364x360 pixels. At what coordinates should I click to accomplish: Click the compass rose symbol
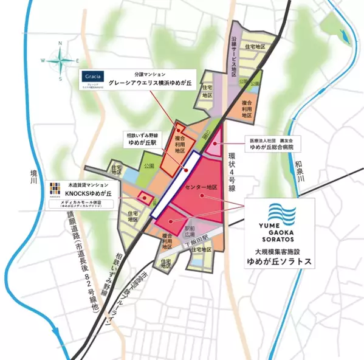coord(60,61)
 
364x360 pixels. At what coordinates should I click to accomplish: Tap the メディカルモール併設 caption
coord(88,203)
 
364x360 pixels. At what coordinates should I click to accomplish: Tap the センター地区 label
coord(202,187)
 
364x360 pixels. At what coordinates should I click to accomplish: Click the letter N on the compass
coord(60,44)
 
